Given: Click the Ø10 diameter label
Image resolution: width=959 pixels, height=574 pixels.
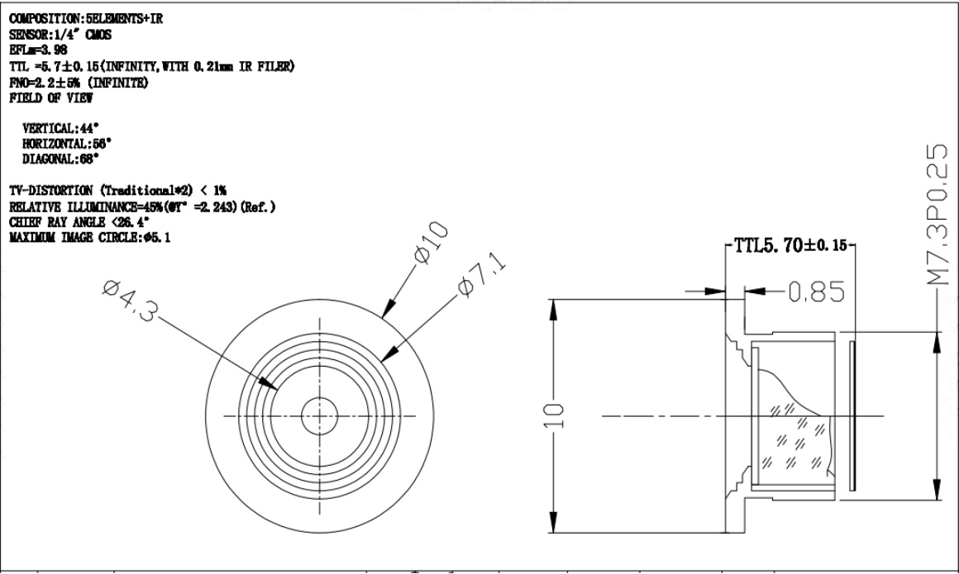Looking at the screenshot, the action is [432, 243].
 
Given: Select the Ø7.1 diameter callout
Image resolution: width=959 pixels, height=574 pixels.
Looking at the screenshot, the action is [483, 275].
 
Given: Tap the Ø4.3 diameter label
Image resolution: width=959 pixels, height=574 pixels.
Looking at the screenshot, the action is [131, 300].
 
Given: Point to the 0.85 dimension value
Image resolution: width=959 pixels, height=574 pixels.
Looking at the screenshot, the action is [817, 292].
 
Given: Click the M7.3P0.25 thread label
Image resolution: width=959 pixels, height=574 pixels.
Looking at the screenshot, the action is [938, 215].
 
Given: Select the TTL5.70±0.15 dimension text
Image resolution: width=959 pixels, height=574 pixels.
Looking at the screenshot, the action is [791, 246].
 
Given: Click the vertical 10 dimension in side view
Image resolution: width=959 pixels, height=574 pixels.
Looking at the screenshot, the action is [554, 415].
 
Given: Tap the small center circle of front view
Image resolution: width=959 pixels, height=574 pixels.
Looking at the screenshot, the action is [319, 415].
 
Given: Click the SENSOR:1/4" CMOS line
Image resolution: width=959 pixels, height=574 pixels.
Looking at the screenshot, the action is [60, 34].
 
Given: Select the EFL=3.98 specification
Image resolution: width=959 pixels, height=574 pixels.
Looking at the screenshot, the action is [38, 50].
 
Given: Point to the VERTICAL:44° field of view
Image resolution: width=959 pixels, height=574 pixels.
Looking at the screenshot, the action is [60, 128].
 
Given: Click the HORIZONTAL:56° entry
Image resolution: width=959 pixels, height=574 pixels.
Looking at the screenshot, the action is [67, 144].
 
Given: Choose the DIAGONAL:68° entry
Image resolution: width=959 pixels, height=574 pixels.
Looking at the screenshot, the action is [60, 159].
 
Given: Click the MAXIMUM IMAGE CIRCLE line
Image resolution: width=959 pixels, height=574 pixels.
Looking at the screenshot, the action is [90, 237].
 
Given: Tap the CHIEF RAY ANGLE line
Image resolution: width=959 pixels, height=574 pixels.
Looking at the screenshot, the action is [79, 222].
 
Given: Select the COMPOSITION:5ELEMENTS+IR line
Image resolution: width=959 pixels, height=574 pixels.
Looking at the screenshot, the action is [86, 18].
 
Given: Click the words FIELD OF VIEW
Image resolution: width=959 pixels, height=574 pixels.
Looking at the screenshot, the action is [50, 97].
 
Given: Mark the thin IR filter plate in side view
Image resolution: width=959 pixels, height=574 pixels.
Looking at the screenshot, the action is [852, 415].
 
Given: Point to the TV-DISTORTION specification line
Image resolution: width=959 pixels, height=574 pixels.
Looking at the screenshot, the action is [117, 191].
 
